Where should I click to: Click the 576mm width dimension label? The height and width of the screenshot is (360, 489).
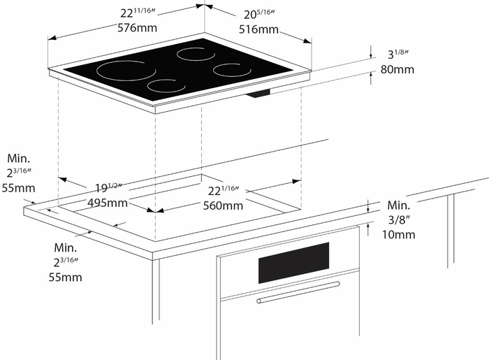coord(137,29)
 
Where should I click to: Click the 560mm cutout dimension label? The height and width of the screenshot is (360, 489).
coord(223,206)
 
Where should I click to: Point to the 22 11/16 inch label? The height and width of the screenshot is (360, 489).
coord(138,13)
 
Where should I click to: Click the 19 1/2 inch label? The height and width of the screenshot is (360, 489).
coord(108,188)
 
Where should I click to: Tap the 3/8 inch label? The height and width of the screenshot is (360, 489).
coord(399,219)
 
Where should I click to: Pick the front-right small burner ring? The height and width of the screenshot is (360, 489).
coord(232,69)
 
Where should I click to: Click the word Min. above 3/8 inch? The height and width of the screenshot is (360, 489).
coord(399,206)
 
